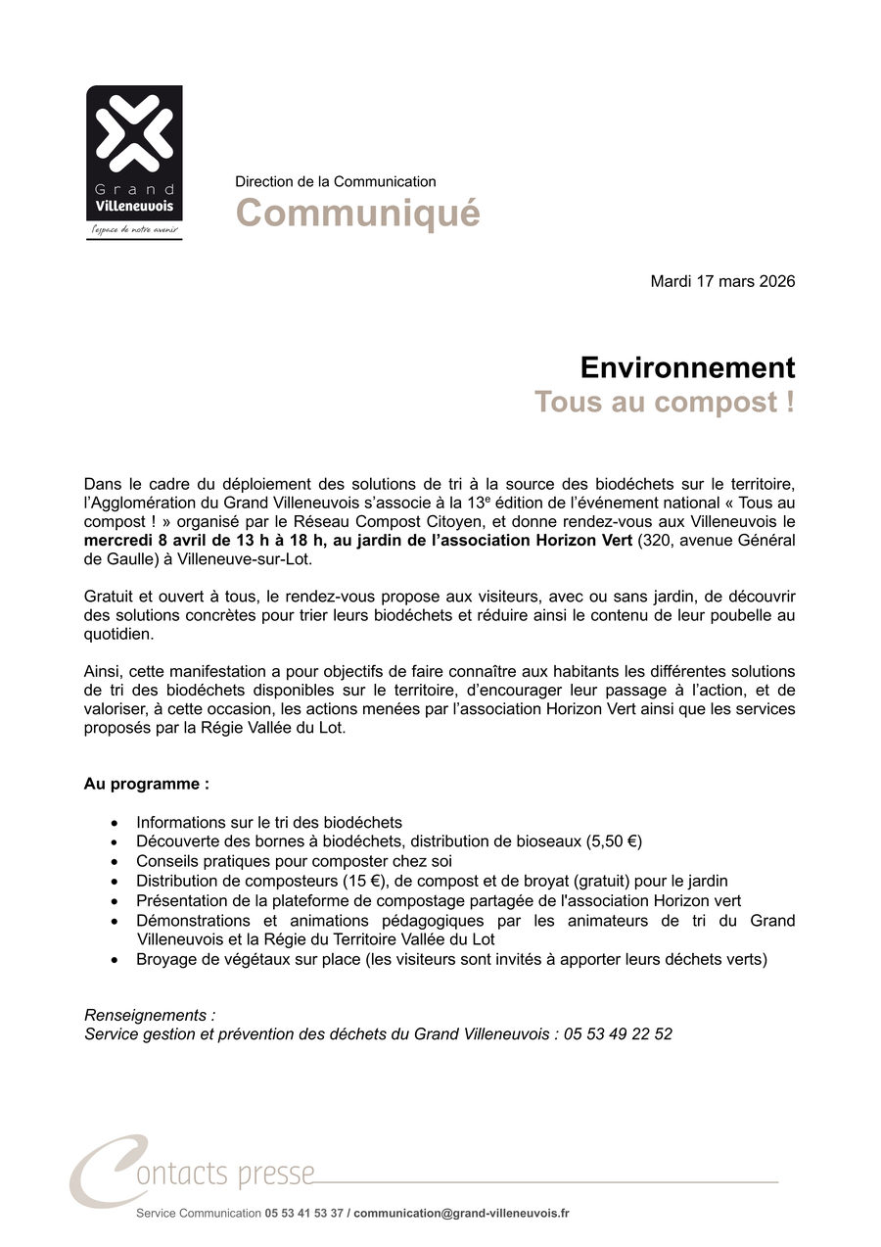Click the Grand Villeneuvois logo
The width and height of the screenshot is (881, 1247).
134,157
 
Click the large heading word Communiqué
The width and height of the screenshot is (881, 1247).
357,213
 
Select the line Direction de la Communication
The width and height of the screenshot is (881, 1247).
336,181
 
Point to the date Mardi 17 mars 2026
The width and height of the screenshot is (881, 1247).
722,282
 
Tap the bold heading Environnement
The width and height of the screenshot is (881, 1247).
687,368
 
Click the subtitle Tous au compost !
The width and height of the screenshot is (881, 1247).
664,403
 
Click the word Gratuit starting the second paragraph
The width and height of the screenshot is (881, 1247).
109,596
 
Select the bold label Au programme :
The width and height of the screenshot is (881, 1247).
147,785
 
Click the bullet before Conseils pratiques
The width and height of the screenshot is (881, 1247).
116,862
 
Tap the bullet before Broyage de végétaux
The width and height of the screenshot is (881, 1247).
116,960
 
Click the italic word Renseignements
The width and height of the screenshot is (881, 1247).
147,1015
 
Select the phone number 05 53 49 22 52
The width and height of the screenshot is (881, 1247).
618,1034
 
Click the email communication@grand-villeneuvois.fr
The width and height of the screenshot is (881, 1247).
461,1214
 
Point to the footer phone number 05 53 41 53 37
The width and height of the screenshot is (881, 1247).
303,1214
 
